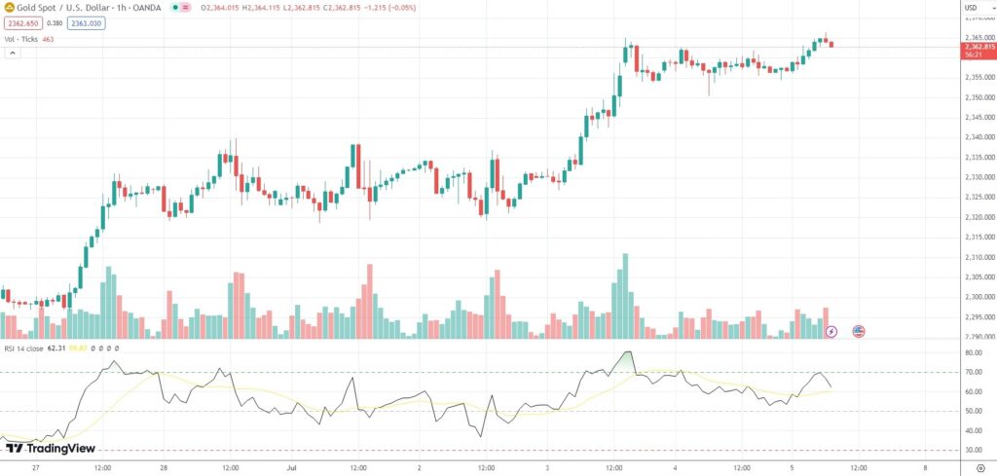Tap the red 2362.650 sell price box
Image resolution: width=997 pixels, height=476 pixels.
tap(21, 23)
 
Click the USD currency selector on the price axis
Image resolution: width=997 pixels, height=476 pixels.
tap(970, 9)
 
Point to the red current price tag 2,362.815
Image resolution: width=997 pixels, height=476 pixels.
tap(979, 47)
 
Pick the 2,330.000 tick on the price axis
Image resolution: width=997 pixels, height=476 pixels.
tap(979, 177)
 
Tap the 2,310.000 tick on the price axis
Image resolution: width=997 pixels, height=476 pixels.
tap(979, 257)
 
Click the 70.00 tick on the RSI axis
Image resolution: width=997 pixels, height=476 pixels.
tap(974, 372)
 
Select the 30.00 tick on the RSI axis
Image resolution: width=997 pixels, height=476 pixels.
tap(974, 450)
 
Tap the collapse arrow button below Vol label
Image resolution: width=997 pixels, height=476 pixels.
tap(12, 53)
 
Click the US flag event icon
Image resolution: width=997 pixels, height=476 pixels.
tap(859, 331)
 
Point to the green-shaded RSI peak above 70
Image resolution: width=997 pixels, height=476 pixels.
tap(628, 358)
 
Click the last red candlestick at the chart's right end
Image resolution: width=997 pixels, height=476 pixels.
tap(831, 43)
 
